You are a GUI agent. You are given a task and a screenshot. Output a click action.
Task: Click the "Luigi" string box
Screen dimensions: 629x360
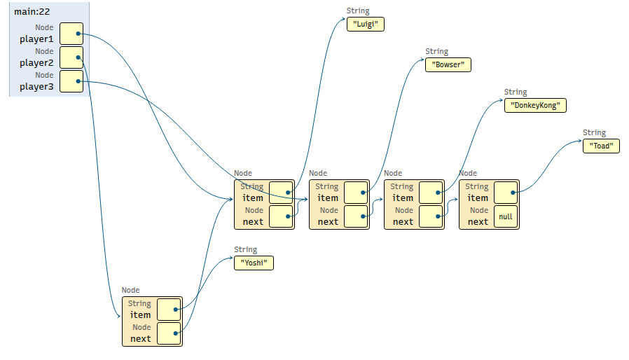tap(366, 24)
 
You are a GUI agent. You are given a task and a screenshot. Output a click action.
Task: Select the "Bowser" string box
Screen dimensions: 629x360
tap(448, 64)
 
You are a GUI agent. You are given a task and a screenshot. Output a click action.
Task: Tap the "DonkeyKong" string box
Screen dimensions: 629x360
tap(535, 106)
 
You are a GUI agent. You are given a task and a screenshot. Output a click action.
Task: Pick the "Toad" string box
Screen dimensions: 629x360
tap(601, 146)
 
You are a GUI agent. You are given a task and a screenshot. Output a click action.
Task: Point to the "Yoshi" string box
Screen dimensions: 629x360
tap(254, 263)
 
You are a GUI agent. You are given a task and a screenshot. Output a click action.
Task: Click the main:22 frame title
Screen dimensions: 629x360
tap(32, 12)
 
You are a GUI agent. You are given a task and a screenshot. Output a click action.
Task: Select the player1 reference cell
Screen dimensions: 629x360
tap(71, 34)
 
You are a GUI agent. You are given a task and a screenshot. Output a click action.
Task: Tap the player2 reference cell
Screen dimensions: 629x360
tap(71, 57)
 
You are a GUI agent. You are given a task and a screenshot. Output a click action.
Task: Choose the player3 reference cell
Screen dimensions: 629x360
tap(71, 81)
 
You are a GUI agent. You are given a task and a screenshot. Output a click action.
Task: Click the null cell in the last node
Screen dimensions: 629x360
tap(506, 216)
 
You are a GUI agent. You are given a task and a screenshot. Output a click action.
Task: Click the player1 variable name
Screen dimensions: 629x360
tap(36, 39)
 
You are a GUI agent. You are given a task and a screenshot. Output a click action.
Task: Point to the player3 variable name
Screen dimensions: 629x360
tap(36, 86)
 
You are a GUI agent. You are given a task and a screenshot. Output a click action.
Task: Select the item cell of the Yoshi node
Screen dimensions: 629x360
tap(169, 310)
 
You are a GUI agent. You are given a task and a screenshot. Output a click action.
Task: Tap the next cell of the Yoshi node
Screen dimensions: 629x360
tap(169, 333)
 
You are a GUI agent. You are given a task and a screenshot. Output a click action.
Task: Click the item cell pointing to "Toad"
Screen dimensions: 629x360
tap(506, 193)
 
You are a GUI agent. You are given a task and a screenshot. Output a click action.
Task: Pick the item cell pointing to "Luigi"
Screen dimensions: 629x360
tap(281, 193)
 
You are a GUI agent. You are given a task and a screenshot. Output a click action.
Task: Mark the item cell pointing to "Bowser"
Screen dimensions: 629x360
tap(356, 193)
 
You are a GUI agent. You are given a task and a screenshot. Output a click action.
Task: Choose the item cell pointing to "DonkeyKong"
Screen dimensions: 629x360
tap(431, 193)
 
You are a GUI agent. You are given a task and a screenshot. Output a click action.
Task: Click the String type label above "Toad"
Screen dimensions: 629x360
tap(594, 133)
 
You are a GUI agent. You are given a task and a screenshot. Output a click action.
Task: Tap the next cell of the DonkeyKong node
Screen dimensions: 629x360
tap(431, 216)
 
